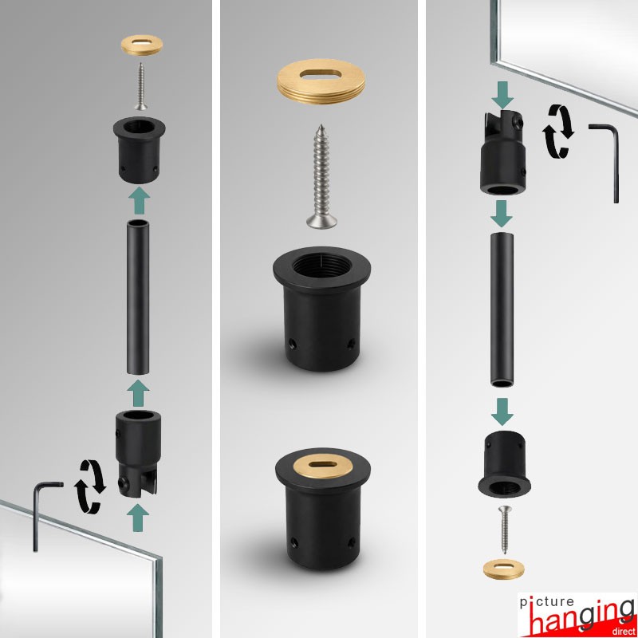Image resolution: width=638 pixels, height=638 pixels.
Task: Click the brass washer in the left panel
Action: pyautogui.click(x=142, y=45)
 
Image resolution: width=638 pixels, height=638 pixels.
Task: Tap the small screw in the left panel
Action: pyautogui.click(x=141, y=86)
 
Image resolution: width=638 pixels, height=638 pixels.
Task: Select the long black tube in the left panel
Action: pyautogui.click(x=138, y=297)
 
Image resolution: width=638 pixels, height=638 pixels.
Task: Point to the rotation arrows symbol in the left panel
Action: pyautogui.click(x=89, y=486)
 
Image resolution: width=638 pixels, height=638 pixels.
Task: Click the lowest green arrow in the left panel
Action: pyautogui.click(x=137, y=518)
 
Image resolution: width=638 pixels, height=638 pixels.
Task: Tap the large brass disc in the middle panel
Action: pyautogui.click(x=321, y=81)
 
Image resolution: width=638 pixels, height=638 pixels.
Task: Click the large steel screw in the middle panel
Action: pyautogui.click(x=321, y=176)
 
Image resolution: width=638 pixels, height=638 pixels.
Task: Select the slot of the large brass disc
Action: pyautogui.click(x=321, y=73)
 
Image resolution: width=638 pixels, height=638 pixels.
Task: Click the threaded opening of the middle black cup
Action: pyautogui.click(x=321, y=266)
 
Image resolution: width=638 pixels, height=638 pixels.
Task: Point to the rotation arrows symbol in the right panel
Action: pyautogui.click(x=557, y=131)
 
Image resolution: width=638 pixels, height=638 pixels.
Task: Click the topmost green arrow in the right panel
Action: pyautogui.click(x=503, y=95)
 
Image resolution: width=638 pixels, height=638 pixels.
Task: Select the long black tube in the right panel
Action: pyautogui.click(x=502, y=309)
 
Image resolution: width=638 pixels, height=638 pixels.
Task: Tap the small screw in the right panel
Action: pyautogui.click(x=505, y=530)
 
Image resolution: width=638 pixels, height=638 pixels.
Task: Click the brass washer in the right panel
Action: pyautogui.click(x=504, y=569)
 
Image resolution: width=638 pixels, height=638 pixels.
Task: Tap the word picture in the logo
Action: pyautogui.click(x=546, y=602)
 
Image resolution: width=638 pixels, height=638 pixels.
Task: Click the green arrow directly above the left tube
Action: pyautogui.click(x=139, y=200)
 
